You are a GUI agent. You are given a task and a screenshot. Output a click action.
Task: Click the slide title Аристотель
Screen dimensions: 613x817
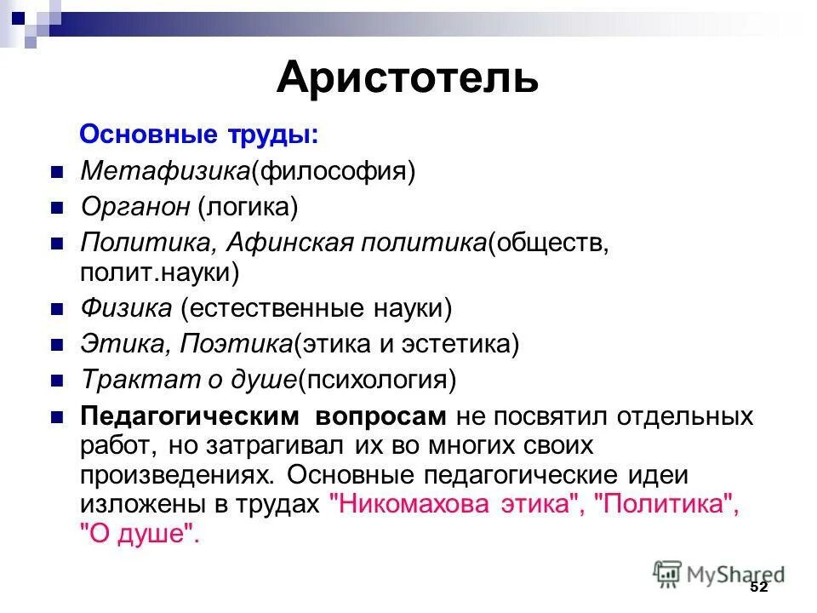[407, 78]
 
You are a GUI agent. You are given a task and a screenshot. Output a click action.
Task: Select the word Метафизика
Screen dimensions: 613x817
[164, 171]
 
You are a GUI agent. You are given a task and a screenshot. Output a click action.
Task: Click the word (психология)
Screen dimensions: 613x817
[377, 380]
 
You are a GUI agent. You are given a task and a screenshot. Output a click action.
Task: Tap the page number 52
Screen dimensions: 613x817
[758, 587]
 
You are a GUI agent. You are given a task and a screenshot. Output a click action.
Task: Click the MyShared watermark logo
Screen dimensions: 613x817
[719, 574]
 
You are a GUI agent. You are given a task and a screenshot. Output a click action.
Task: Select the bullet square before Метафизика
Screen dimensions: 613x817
[58, 172]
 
